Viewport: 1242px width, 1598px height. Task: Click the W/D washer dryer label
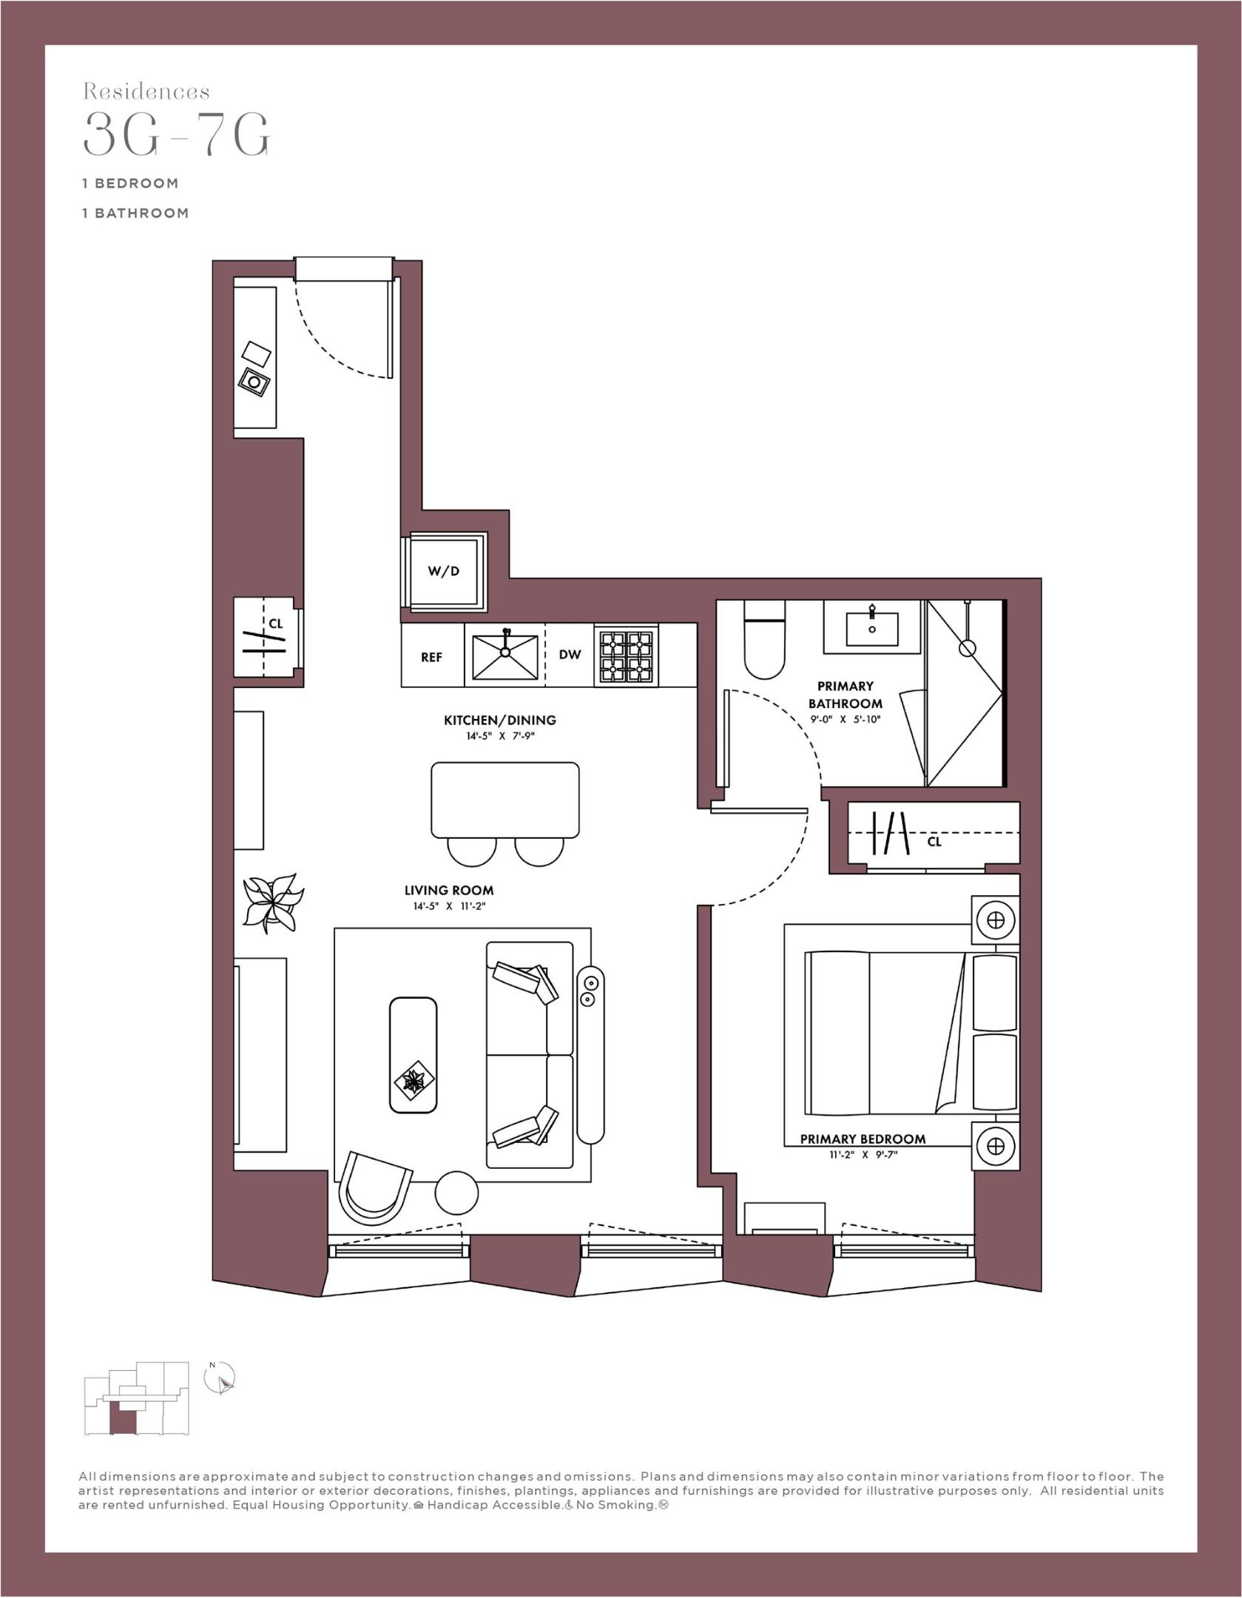point(443,571)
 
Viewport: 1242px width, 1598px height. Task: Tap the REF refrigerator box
point(431,657)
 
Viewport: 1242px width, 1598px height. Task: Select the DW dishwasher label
point(570,655)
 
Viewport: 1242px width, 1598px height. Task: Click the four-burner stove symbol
point(627,655)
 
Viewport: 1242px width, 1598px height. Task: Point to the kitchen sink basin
point(504,655)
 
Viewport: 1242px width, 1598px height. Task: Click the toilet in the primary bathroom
point(764,642)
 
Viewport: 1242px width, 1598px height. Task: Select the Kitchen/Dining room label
point(499,720)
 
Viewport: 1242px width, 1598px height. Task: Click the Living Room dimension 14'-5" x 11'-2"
point(449,906)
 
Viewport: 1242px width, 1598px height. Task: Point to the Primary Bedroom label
point(863,1139)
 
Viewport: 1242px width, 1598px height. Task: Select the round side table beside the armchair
point(456,1193)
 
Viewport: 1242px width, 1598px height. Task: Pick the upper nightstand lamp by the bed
point(995,920)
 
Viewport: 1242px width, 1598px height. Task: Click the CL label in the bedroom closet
point(934,842)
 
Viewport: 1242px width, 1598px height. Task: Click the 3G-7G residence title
point(177,134)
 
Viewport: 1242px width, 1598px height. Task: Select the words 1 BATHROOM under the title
point(135,213)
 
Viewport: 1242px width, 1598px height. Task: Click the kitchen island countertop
point(504,800)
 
